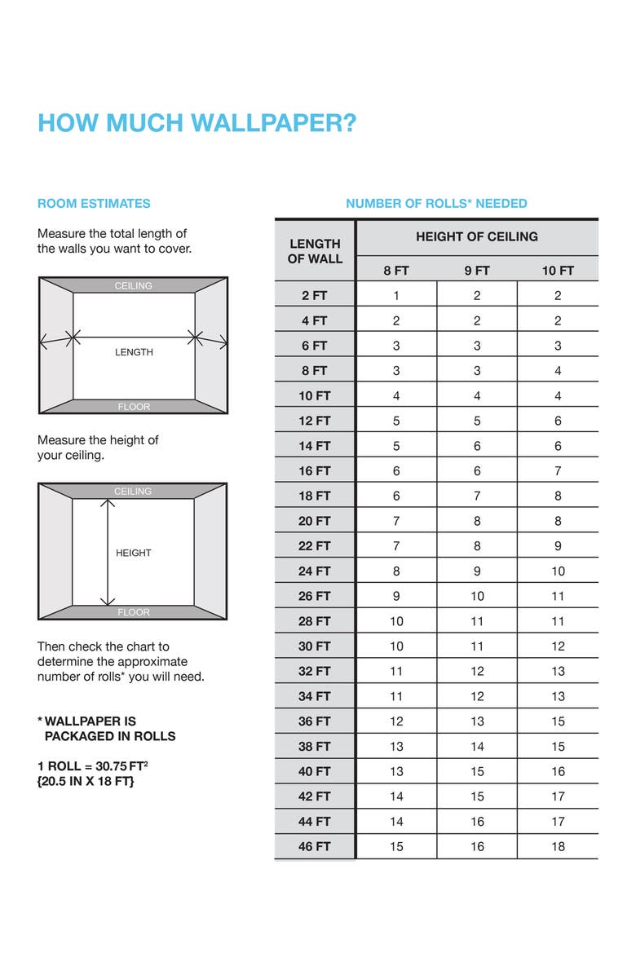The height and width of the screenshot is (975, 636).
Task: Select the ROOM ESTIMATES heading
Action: coord(94,204)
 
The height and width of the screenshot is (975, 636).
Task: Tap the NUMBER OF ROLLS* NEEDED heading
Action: coord(436,204)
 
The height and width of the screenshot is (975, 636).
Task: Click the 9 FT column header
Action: coord(477,271)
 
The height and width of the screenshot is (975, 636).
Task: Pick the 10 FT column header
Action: coord(558,271)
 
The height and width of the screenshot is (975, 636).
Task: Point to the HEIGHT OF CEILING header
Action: coord(477,236)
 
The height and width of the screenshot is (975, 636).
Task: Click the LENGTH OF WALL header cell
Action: coord(315,251)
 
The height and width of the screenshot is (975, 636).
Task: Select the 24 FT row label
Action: coord(315,571)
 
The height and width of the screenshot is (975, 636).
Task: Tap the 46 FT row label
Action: coord(315,846)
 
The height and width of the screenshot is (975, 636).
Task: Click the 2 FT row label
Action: coord(315,296)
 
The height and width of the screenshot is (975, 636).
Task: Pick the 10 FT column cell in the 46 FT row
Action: coord(558,846)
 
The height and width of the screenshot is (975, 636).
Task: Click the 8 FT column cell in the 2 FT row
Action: coord(396,296)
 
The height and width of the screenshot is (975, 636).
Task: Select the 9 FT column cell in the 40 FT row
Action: coord(477,771)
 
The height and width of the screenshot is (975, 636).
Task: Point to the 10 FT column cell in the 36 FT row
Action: coord(558,721)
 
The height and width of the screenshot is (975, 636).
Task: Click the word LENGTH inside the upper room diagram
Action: coord(134,352)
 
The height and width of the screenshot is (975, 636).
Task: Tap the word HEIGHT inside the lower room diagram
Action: coord(134,553)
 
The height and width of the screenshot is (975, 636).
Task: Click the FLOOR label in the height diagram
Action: coord(134,612)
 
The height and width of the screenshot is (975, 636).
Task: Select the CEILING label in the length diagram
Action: coord(134,286)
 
